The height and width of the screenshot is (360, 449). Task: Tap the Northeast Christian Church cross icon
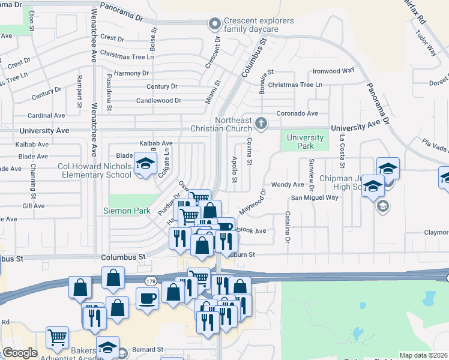coord(261,123)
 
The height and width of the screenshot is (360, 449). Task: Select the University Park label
coord(305,142)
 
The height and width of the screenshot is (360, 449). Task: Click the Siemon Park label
coord(131,211)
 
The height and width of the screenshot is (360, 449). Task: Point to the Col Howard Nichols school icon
coord(144,163)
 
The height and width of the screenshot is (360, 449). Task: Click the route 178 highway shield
coord(150,281)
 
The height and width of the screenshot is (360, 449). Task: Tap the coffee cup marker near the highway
coord(147,298)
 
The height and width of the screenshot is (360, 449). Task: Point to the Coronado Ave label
coord(297,113)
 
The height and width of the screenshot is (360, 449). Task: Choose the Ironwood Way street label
coord(334,70)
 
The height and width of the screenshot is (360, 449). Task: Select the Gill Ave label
coord(33,206)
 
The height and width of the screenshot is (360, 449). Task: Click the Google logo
coord(20,353)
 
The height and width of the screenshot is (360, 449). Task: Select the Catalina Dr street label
coord(288,227)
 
